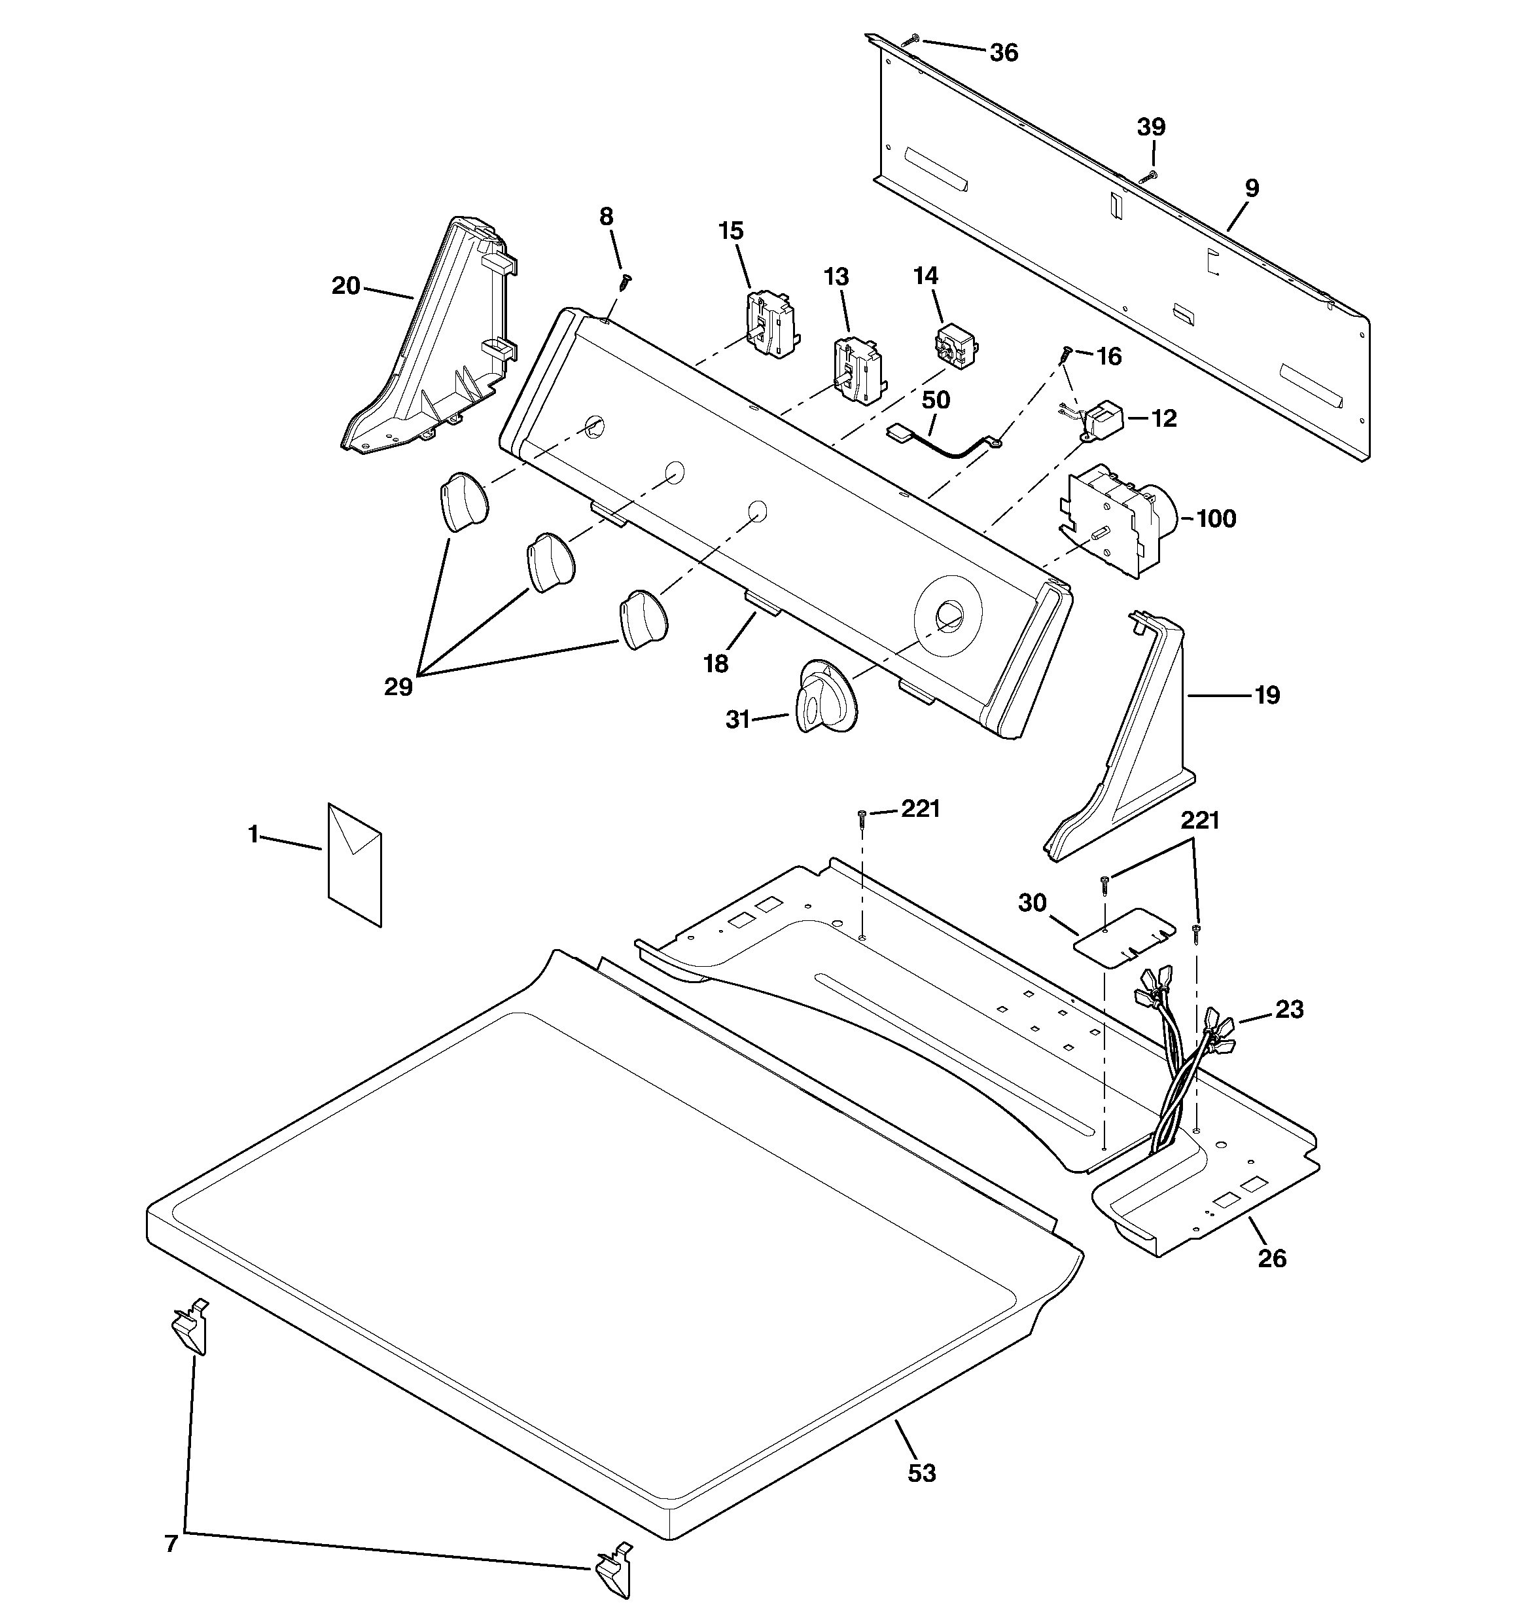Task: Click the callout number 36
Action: point(1004,53)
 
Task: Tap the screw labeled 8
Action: point(625,282)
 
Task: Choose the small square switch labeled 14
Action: point(953,345)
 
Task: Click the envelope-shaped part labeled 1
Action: point(355,865)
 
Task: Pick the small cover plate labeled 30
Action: point(1125,937)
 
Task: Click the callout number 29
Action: point(398,688)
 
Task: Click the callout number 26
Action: point(1272,1259)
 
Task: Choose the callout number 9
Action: point(1252,189)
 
